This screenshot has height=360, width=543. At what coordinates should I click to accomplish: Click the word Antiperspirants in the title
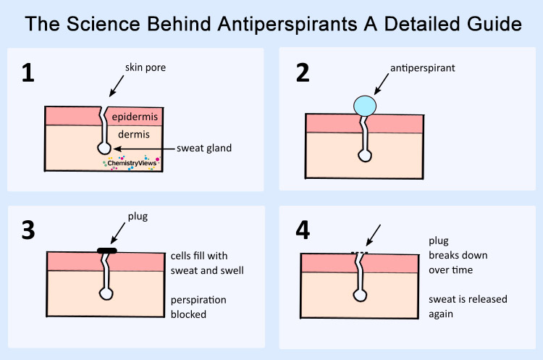coord(287,24)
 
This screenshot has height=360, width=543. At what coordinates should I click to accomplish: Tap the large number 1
coord(28,72)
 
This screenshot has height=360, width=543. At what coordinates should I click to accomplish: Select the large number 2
coord(303,72)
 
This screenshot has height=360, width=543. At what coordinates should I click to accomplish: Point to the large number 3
coord(28,230)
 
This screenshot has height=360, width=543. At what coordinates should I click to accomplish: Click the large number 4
coord(303,230)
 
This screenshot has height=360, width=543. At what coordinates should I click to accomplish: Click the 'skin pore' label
coord(146,67)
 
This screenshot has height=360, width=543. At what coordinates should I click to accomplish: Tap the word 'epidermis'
coord(135,117)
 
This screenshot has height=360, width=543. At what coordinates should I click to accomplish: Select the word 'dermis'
coord(134,134)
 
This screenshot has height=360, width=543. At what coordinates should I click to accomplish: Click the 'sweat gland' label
coord(204,148)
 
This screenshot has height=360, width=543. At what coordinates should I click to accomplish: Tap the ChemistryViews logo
coord(132,163)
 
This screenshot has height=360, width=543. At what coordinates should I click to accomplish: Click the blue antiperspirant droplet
coord(365,106)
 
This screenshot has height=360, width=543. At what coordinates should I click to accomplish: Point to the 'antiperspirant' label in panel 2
coord(423,68)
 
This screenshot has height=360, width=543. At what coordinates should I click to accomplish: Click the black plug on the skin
coord(107,251)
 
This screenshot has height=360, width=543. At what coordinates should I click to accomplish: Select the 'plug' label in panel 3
coord(138,217)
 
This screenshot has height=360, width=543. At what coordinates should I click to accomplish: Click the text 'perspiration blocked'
coord(198,307)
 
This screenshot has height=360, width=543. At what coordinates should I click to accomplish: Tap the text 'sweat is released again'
coord(468,306)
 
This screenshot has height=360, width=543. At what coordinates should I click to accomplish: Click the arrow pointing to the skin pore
coord(117,86)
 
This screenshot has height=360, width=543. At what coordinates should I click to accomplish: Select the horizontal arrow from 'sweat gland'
coord(144,149)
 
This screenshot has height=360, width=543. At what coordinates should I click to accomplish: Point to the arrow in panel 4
coord(374,235)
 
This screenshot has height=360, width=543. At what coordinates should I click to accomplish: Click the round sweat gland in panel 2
coord(365,156)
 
